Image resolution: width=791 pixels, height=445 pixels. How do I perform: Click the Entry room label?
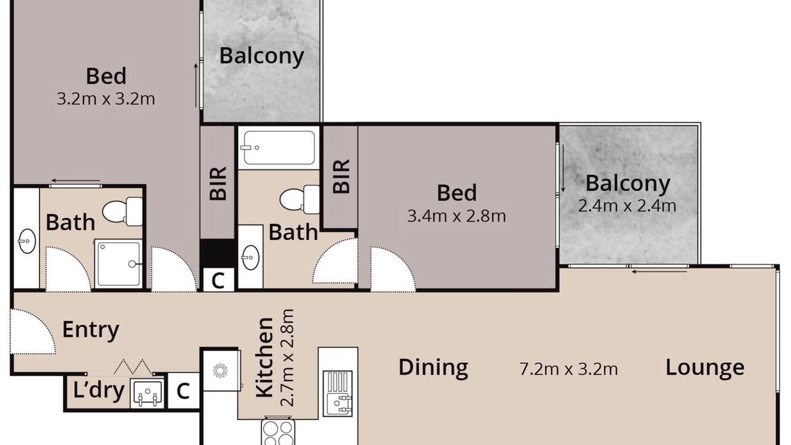click(x=91, y=330)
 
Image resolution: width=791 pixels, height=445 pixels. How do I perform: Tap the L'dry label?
click(x=98, y=390)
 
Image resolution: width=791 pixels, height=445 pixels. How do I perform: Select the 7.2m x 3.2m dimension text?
click(x=569, y=370)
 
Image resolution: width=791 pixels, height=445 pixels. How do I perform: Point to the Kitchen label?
click(x=264, y=357)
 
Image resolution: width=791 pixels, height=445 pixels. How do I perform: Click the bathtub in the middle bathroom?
click(x=279, y=148)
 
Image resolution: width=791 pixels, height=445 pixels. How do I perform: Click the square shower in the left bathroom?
click(x=118, y=263)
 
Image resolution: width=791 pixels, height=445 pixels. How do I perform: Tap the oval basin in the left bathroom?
click(x=27, y=241)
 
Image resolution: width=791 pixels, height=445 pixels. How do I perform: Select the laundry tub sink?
click(x=147, y=394)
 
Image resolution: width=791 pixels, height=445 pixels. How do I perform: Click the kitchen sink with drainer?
click(x=338, y=394)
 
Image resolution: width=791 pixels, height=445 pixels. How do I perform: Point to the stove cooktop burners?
click(x=278, y=431)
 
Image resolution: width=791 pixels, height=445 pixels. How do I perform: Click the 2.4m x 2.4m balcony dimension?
click(x=627, y=206)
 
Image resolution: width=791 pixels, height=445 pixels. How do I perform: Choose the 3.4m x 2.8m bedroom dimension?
click(x=457, y=216)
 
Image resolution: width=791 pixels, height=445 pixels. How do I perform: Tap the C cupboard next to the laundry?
click(x=184, y=391)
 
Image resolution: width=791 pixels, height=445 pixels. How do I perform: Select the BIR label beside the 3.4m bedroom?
click(x=342, y=176)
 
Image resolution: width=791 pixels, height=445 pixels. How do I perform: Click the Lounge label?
click(x=705, y=368)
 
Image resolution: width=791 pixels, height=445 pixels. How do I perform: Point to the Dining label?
click(x=433, y=368)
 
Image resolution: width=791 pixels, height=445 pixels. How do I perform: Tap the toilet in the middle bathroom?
click(x=300, y=199)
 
